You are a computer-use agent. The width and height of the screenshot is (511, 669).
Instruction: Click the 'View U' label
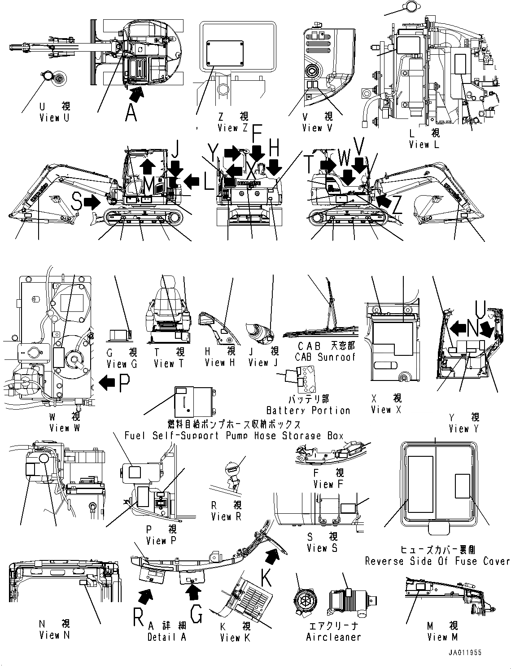[55, 118]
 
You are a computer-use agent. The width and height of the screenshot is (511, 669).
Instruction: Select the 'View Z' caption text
[233, 128]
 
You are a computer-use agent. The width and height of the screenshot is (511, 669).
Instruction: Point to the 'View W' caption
[65, 428]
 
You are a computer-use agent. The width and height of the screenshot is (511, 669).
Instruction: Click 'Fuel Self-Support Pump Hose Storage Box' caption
[234, 436]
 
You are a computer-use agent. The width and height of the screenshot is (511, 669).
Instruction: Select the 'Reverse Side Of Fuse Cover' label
[437, 561]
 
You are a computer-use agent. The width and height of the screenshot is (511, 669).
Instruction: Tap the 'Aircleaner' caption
[333, 637]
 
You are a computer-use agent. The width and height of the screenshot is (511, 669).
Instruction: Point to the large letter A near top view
[131, 113]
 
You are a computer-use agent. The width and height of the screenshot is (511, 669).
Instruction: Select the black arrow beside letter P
[107, 382]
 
